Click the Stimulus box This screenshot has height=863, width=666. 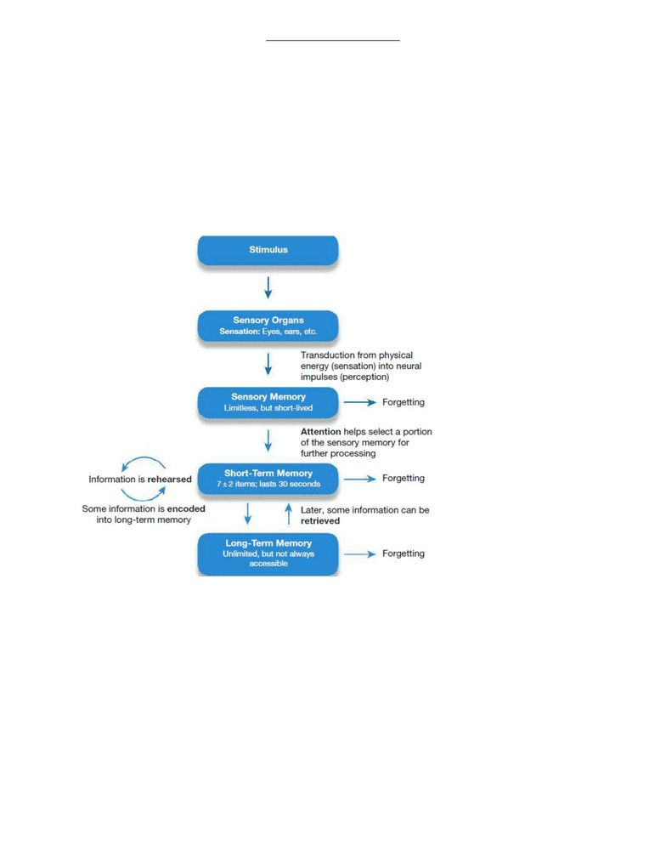coord(268,251)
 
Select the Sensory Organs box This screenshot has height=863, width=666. coord(268,326)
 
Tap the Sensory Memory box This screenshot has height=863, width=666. coord(268,402)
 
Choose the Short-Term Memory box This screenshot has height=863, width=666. coord(268,479)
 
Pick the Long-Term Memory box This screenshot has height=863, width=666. coord(268,554)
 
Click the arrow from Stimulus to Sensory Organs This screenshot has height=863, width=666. coord(268,287)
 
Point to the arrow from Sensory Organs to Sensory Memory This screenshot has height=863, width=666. coord(268,364)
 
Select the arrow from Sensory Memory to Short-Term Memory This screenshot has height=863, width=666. coord(268,440)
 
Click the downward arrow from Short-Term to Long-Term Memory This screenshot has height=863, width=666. coord(247,513)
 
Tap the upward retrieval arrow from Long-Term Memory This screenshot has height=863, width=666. coord(289,514)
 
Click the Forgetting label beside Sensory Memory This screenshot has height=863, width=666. coord(404,402)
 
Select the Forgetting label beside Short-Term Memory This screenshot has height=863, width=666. coord(404,479)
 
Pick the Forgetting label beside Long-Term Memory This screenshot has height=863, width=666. coord(404,554)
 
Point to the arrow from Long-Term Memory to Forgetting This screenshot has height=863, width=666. coord(360,554)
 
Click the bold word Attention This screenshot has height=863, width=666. coord(320,432)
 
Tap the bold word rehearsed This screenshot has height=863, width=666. coord(169,480)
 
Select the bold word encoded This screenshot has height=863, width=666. coord(186,508)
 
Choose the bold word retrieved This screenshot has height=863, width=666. coord(320,520)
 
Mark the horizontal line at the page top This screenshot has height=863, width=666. coord(333,40)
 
